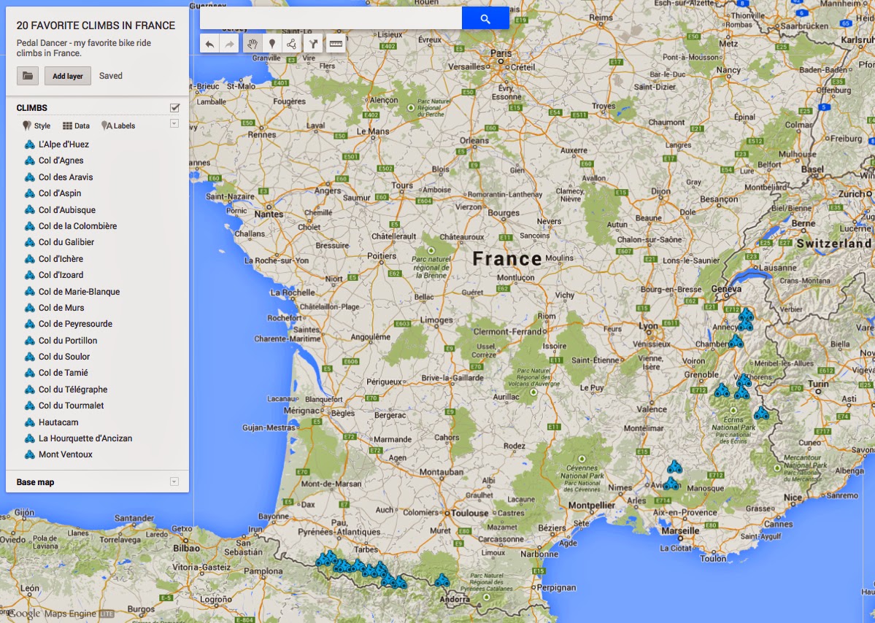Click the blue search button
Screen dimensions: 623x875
485,18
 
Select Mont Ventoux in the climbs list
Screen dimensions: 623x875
66,454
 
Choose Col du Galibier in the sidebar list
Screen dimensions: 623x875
66,242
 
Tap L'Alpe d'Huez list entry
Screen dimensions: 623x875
63,144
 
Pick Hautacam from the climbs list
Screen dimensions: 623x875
58,422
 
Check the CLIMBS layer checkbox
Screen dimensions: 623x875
174,108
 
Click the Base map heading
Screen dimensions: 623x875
36,482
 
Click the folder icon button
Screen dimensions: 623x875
28,76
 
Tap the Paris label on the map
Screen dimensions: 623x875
501,53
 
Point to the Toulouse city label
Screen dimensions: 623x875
469,513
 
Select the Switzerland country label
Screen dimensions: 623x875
834,244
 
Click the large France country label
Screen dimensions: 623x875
506,258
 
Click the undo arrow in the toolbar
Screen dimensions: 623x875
210,44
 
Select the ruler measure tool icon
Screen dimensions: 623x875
336,44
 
